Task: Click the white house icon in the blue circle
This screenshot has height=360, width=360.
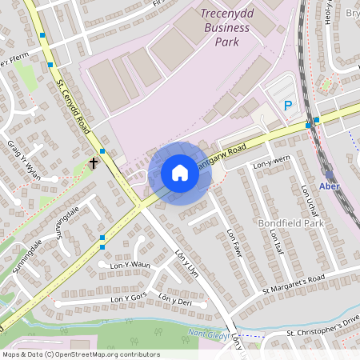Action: [180, 172]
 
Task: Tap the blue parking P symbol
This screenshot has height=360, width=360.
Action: [288, 105]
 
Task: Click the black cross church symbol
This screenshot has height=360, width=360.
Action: [94, 163]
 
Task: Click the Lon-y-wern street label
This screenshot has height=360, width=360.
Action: [270, 165]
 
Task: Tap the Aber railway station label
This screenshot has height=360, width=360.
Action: [330, 186]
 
